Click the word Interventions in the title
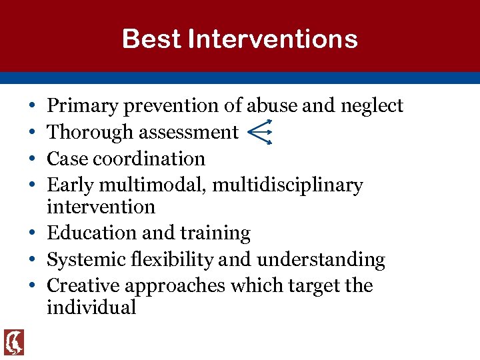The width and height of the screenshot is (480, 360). (x=273, y=39)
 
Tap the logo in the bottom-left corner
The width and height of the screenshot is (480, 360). (x=14, y=343)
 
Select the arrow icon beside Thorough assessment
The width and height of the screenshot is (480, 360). (x=259, y=132)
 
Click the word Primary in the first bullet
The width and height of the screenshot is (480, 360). (x=77, y=106)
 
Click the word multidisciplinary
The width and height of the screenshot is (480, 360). (x=287, y=185)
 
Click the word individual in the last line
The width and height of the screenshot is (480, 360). (x=91, y=307)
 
